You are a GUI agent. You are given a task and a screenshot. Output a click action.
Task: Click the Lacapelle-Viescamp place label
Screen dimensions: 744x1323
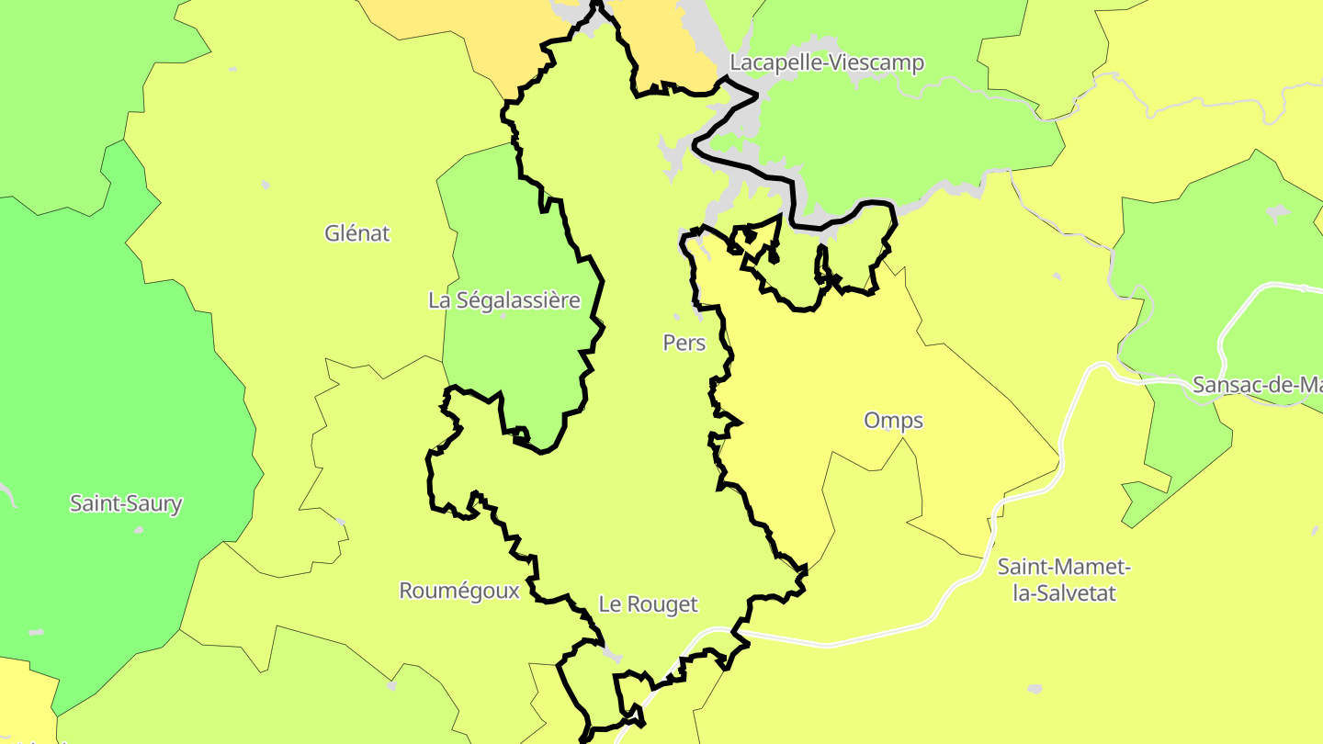[x=827, y=62]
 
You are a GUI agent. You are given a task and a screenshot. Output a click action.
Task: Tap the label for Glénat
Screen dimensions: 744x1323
[x=357, y=233]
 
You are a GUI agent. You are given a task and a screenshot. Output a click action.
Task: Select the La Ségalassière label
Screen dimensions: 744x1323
[x=504, y=300]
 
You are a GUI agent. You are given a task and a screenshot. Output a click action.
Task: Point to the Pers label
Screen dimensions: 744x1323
[x=684, y=343]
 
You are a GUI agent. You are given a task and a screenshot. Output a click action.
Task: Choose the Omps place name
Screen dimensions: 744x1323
[x=893, y=421]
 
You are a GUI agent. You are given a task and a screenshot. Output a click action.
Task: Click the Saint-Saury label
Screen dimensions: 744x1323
[x=126, y=503]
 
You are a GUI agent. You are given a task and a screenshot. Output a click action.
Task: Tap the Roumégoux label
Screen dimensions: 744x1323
[x=459, y=591]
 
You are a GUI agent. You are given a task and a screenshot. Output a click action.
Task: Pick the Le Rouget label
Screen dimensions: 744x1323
[x=648, y=604]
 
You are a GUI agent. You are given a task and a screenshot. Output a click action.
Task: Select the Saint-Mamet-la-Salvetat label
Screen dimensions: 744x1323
[x=1064, y=580]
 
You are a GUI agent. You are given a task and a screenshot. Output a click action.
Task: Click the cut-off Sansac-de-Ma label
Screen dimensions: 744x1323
[x=1257, y=385]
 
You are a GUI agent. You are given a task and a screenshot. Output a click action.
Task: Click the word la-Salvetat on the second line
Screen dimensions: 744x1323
[x=1064, y=593]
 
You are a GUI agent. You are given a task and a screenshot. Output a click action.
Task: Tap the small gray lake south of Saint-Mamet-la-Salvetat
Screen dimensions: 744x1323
[x=1035, y=688]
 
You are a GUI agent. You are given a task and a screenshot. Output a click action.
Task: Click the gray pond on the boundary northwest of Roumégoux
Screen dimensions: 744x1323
[x=342, y=522]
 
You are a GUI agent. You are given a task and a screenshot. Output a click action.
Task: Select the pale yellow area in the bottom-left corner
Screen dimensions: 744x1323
[x=23, y=703]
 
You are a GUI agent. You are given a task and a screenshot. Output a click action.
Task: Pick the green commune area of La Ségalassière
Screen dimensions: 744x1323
[x=505, y=358]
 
